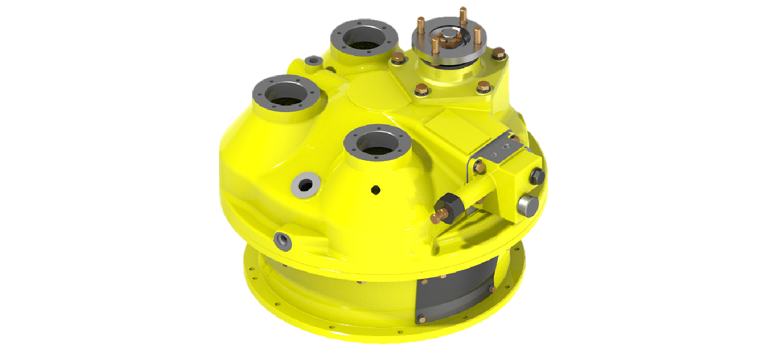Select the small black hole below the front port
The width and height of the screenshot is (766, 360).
(x=375, y=189)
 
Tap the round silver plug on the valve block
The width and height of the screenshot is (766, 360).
(x=528, y=205)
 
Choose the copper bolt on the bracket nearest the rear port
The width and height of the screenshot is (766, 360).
(x=396, y=58)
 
